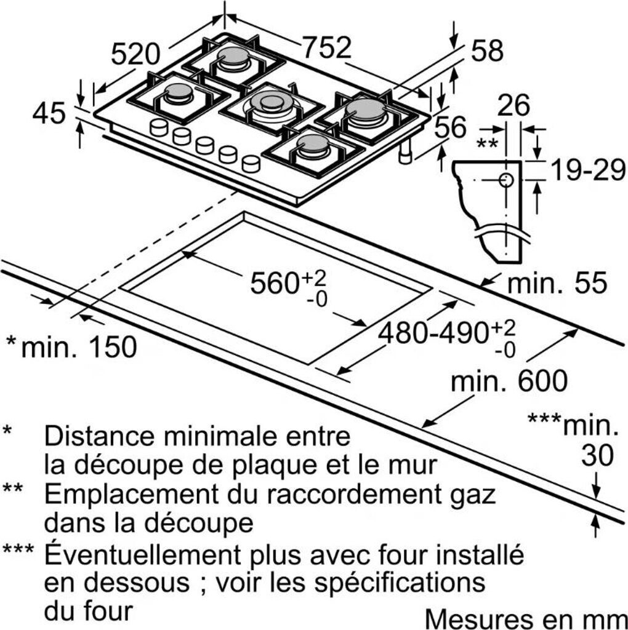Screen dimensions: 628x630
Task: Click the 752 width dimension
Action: pyautogui.click(x=326, y=47)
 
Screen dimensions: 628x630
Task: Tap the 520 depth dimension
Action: pyautogui.click(x=135, y=54)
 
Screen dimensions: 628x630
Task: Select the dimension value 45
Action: pyautogui.click(x=49, y=113)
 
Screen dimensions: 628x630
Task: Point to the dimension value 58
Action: pyautogui.click(x=487, y=50)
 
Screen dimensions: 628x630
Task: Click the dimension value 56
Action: pyautogui.click(x=450, y=127)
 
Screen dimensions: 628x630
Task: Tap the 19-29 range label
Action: pyautogui.click(x=587, y=170)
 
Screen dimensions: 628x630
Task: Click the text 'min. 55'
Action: pyautogui.click(x=557, y=282)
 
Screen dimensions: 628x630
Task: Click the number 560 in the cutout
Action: pyautogui.click(x=273, y=283)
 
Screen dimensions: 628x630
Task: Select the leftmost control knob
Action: pyautogui.click(x=158, y=128)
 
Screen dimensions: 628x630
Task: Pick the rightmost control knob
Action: pyautogui.click(x=251, y=163)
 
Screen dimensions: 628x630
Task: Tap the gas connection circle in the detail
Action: pyautogui.click(x=505, y=180)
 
